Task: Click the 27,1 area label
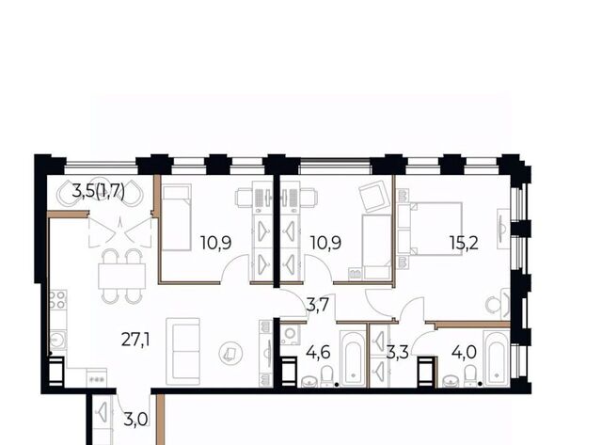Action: pos(135,340)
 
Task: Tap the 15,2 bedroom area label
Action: pos(464,243)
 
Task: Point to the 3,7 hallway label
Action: pos(318,306)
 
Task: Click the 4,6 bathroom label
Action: pos(319,352)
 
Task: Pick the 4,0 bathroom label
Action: pos(464,352)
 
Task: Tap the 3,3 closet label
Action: pos(398,352)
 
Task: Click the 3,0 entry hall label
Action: pos(135,420)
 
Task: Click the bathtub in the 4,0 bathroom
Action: pos(497,358)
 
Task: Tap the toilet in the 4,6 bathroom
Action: pos(327,376)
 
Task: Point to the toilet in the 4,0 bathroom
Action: pos(470,375)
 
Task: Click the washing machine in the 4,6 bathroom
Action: pos(289,334)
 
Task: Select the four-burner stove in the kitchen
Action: pos(58,301)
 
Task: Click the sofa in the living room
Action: pos(183,351)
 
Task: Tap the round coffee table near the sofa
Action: pos(230,354)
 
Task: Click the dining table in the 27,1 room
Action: pos(122,276)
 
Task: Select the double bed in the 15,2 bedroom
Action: pos(430,229)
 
